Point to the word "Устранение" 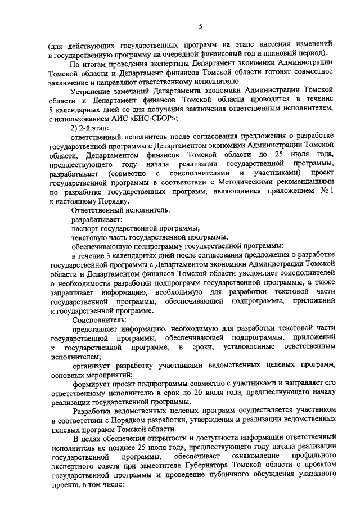(x=93, y=91)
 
